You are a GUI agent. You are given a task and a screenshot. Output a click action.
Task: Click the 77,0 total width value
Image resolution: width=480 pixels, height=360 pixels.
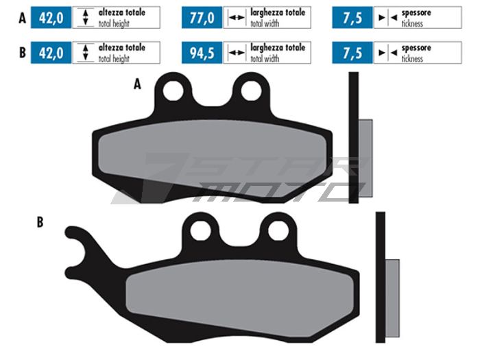pyautogui.click(x=202, y=18)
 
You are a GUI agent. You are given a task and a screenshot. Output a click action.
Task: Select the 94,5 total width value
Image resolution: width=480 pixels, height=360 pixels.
pyautogui.click(x=202, y=53)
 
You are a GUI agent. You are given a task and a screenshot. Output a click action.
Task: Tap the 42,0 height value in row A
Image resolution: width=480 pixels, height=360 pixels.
pyautogui.click(x=51, y=18)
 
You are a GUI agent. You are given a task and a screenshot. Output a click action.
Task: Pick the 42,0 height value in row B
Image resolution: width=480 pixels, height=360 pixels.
pyautogui.click(x=51, y=53)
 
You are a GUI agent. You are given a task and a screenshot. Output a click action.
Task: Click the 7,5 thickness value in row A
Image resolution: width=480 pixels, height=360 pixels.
pyautogui.click(x=352, y=18)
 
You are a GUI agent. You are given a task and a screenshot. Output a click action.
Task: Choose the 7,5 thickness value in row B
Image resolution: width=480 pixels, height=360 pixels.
pyautogui.click(x=352, y=53)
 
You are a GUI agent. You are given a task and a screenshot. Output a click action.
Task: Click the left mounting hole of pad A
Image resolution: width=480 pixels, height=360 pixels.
pyautogui.click(x=173, y=91)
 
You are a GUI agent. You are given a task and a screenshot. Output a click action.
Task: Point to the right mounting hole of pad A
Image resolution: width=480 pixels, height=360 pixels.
pyautogui.click(x=252, y=91)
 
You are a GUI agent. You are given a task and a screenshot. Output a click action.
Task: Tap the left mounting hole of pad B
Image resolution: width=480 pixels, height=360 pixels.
pyautogui.click(x=200, y=230)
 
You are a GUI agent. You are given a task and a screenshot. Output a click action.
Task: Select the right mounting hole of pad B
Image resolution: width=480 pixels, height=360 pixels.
pyautogui.click(x=278, y=230)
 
